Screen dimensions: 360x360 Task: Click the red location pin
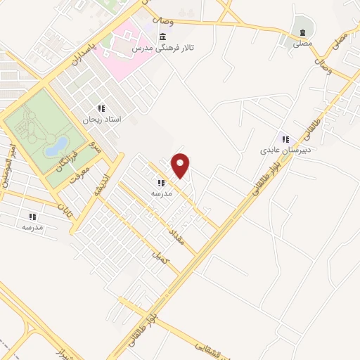181,165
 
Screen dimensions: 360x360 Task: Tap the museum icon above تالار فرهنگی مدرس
163,37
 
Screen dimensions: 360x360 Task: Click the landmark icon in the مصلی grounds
302,33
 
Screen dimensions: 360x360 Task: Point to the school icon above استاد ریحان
101,109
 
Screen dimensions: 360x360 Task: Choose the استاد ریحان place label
102,120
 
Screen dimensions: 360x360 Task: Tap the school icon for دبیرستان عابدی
285,139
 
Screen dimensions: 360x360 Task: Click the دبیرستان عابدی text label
285,150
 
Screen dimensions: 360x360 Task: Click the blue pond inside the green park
56,147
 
